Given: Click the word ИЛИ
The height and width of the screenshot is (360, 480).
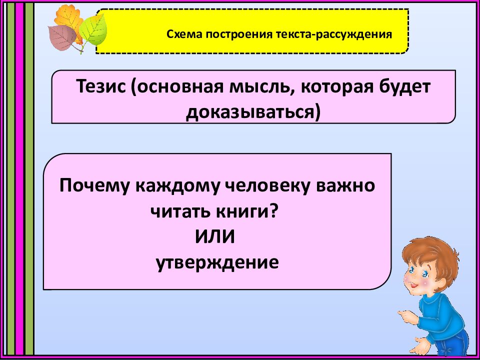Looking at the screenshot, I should (214, 237).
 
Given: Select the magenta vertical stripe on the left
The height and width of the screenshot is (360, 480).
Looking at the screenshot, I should (19, 180).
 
